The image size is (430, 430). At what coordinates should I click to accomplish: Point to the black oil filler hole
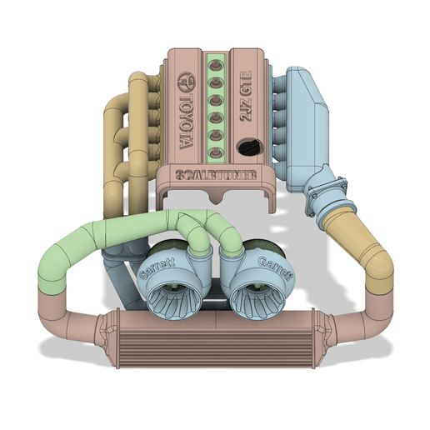pos(248,147)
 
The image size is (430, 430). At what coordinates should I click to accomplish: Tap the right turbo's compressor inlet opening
pos(256,295)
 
